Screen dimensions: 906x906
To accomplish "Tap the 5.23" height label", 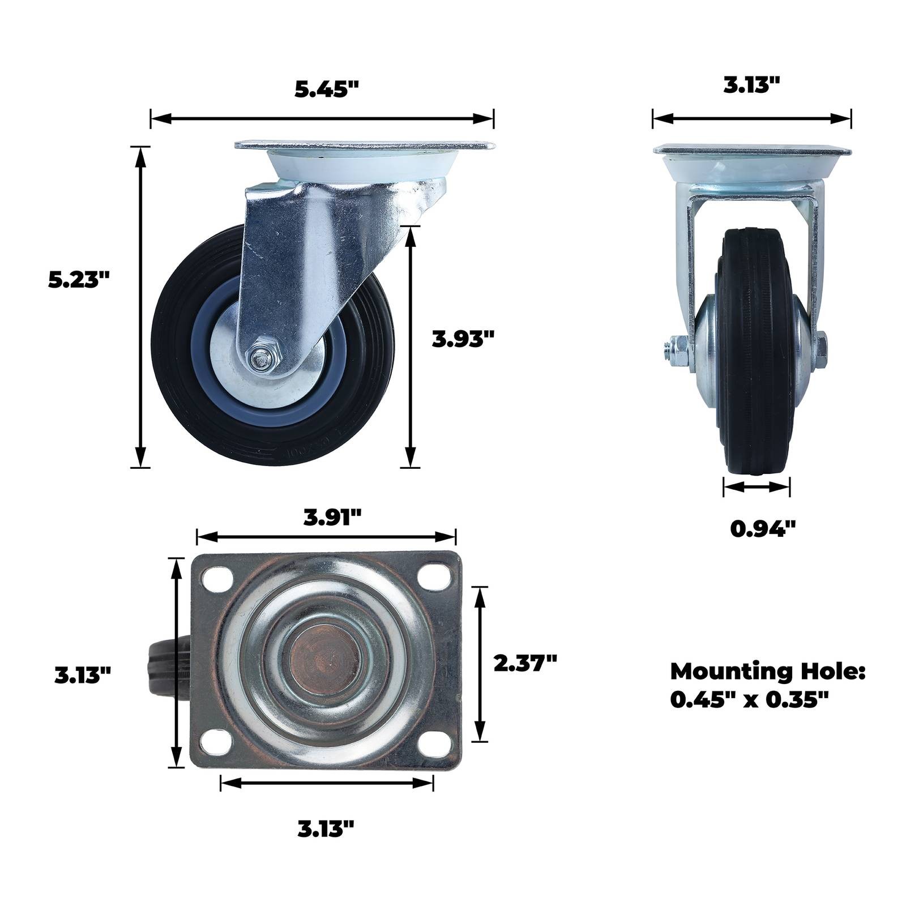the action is click(79, 280).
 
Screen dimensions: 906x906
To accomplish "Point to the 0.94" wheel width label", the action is click(763, 529).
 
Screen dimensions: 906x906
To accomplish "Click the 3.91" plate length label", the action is click(332, 517).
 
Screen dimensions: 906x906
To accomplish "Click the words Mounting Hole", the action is click(768, 672).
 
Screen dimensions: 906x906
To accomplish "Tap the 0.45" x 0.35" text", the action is click(750, 700).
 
